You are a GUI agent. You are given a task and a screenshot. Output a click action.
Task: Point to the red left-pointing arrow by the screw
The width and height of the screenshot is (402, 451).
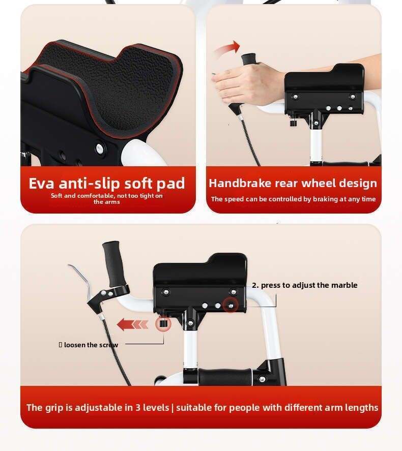[x=133, y=325]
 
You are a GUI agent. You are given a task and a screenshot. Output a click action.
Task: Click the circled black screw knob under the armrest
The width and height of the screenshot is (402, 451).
[x=163, y=324]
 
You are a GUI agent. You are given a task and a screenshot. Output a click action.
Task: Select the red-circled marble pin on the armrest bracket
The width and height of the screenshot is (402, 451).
[x=231, y=306]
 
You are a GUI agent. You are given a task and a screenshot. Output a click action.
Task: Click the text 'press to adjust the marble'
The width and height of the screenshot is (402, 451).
[x=309, y=285]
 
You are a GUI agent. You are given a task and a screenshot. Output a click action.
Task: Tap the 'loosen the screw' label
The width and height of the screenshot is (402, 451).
[x=91, y=345]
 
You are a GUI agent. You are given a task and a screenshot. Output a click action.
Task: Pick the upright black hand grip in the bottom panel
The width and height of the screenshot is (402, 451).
[x=113, y=264]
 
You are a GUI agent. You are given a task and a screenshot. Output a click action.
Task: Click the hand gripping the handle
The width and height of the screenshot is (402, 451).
[x=247, y=81]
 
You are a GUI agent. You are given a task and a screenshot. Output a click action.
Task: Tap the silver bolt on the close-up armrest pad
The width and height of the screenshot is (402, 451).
[x=100, y=148]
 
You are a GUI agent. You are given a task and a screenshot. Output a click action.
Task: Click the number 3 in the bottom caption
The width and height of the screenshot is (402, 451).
[x=138, y=408]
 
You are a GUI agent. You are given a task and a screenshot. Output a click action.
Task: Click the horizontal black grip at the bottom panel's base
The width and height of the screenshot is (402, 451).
[x=225, y=376]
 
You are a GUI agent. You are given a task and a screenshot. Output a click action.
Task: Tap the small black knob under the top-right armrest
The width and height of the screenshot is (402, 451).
[x=293, y=124]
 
